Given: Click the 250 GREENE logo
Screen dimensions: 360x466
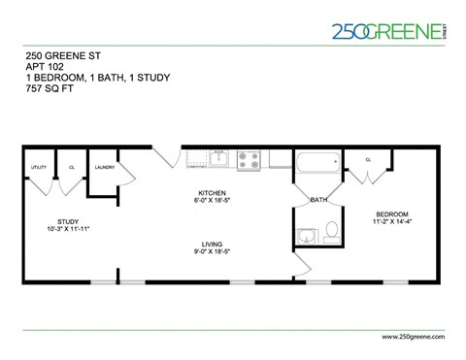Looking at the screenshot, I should click(x=386, y=31).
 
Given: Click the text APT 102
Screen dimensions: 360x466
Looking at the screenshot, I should click(x=44, y=66).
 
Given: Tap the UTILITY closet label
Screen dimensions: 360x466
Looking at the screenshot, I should click(x=39, y=167).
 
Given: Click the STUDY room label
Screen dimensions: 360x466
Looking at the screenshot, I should click(x=68, y=222).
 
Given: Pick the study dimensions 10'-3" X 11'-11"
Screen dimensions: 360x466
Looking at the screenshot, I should click(x=68, y=230).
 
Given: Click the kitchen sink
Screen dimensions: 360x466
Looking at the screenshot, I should click(x=218, y=157).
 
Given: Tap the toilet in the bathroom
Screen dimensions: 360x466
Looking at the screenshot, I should click(x=331, y=232).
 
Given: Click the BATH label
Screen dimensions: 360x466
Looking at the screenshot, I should click(x=317, y=200).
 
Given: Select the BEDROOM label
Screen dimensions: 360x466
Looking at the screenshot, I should click(x=392, y=213).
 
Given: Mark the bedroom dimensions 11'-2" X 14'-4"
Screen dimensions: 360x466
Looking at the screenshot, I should click(x=392, y=221).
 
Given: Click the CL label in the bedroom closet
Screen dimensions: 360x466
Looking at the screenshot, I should click(x=368, y=159).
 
